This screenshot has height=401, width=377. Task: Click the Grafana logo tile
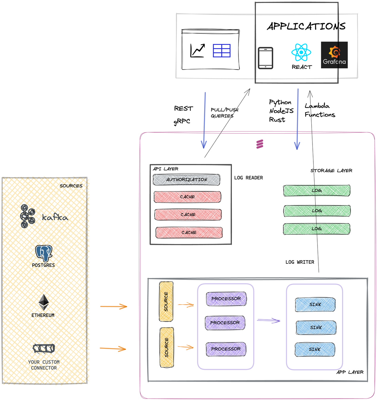(334, 55)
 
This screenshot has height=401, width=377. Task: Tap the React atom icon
(301, 52)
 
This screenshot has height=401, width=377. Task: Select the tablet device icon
(266, 58)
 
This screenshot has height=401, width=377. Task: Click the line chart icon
(197, 50)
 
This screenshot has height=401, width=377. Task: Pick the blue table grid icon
(222, 50)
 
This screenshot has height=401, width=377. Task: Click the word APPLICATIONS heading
(306, 26)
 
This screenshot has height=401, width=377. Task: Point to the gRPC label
(182, 121)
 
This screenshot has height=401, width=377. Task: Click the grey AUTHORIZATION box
(186, 180)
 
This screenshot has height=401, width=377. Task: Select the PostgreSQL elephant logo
(44, 253)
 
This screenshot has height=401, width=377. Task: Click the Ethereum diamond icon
(44, 302)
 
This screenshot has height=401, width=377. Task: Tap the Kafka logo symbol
(28, 216)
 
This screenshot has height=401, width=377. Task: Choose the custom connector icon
(44, 348)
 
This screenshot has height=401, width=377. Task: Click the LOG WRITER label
(300, 262)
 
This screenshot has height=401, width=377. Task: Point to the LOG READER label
(249, 178)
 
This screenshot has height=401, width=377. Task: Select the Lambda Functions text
(320, 110)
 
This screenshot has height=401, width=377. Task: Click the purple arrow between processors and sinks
(268, 321)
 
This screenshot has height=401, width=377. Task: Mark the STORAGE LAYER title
(331, 170)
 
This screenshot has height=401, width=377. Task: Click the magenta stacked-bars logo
(260, 144)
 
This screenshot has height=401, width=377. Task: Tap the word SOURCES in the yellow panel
(71, 186)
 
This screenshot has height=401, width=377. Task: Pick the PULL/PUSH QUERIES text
(224, 113)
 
